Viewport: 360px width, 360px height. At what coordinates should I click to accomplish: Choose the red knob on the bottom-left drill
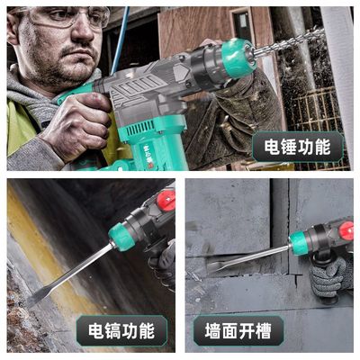click(166, 200)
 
